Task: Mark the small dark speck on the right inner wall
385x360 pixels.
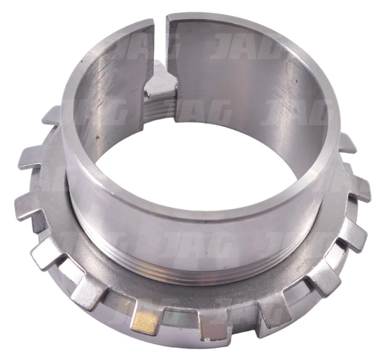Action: (x=296, y=80)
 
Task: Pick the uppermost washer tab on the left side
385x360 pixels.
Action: (x=51, y=116)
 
